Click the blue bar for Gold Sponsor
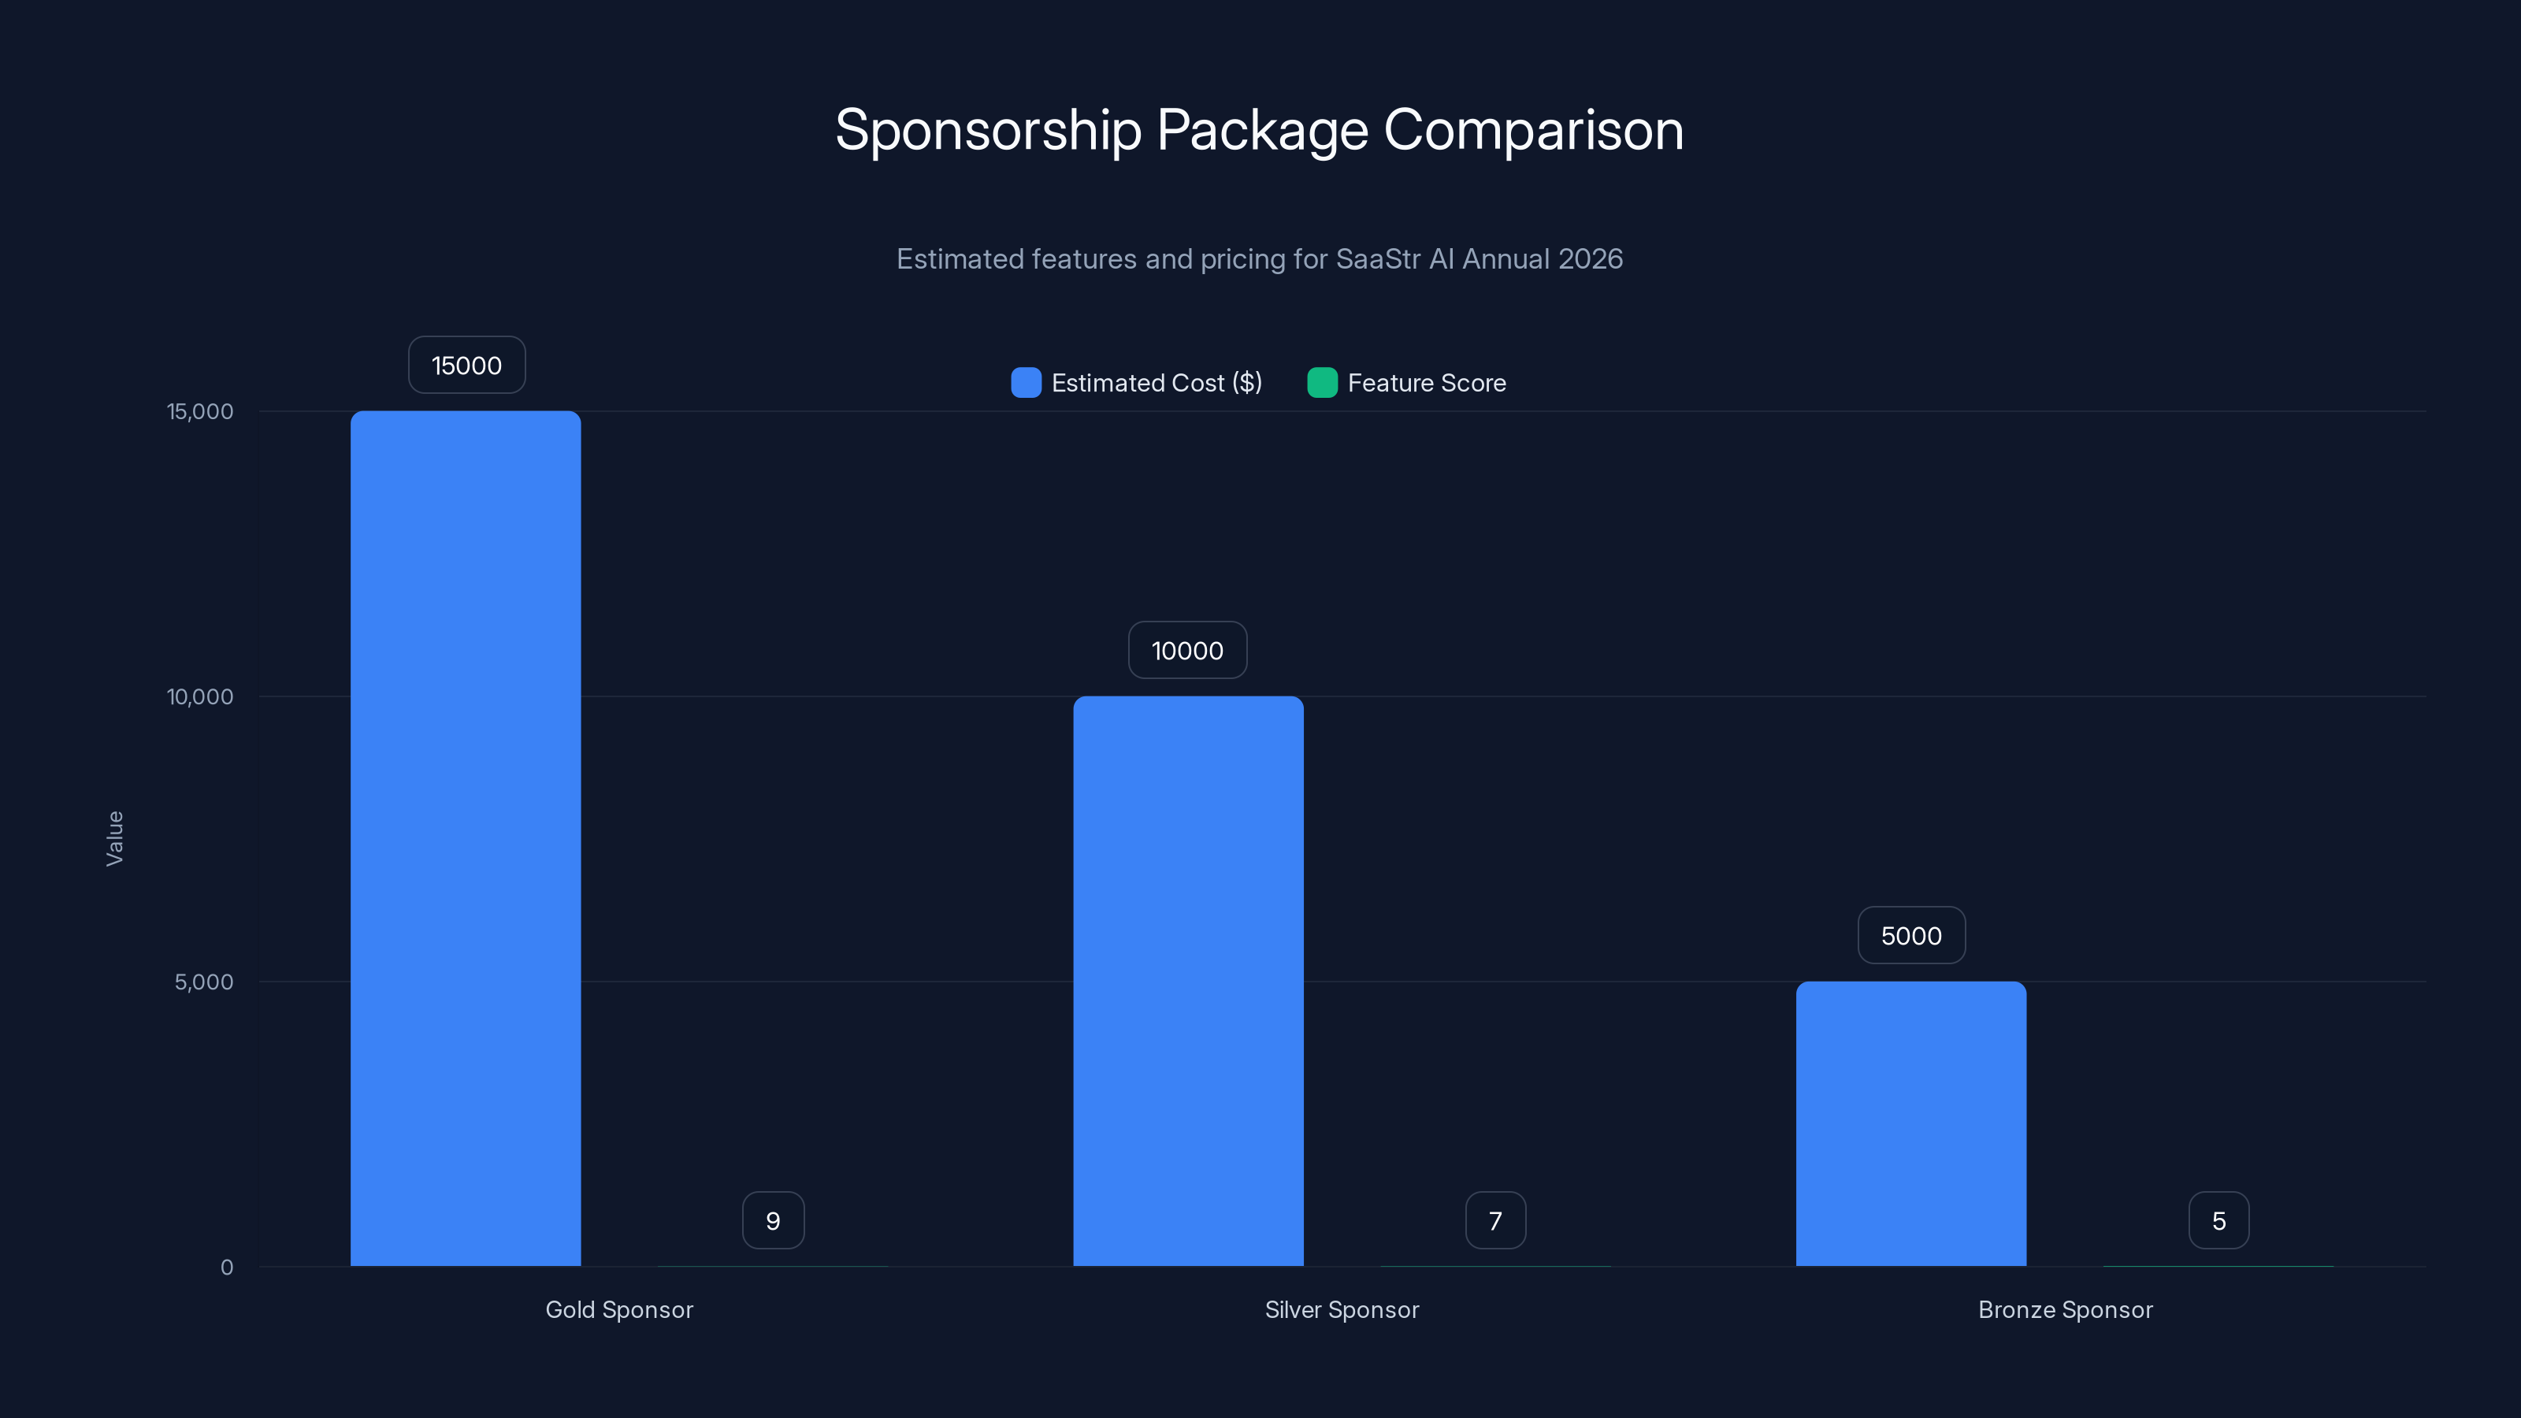coord(466,837)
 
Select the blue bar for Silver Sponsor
coord(1188,981)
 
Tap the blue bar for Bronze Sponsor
coord(1910,1123)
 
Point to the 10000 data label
coord(1187,651)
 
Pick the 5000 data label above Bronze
coord(1911,936)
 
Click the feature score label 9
coord(773,1220)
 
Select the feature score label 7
coord(1495,1220)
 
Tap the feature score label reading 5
coord(2218,1220)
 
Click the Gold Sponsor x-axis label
coord(618,1309)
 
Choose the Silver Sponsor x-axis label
coord(1342,1309)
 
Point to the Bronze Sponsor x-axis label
coord(2065,1309)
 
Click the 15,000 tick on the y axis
coord(201,411)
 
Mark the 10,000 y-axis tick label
coord(201,696)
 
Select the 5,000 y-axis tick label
coord(203,982)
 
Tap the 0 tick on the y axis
coord(227,1268)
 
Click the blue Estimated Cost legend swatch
coord(1026,383)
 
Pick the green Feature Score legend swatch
coord(1322,383)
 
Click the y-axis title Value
coord(114,837)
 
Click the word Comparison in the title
coord(1534,129)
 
